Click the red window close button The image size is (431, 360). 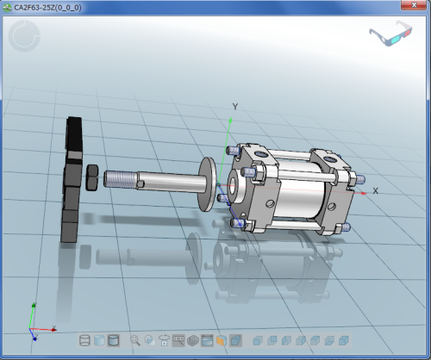[x=414, y=5]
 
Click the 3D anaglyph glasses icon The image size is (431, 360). [x=390, y=34]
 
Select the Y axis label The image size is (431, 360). [x=235, y=107]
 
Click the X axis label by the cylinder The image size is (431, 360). [x=375, y=190]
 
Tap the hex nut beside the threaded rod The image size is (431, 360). [x=92, y=177]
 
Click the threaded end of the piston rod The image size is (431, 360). [x=121, y=179]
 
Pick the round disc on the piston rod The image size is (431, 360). [x=208, y=184]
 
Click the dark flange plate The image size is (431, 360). [x=72, y=179]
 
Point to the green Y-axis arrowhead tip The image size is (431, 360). [x=230, y=118]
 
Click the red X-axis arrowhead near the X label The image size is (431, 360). [x=364, y=194]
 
